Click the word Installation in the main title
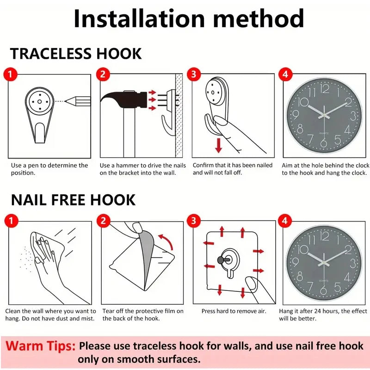tap(139, 18)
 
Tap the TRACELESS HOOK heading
tap(76, 54)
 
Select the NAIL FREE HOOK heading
tap(73, 200)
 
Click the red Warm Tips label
tap(40, 346)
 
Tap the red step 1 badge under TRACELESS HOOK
tap(10, 74)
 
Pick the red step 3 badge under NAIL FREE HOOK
tap(194, 221)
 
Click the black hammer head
tap(124, 99)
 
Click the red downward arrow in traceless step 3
tap(218, 145)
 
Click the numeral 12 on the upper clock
tap(325, 89)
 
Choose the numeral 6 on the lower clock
tap(323, 290)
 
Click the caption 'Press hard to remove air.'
tap(234, 311)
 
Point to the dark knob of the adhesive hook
tap(221, 260)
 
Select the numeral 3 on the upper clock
tap(353, 116)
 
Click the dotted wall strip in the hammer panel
tap(179, 116)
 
